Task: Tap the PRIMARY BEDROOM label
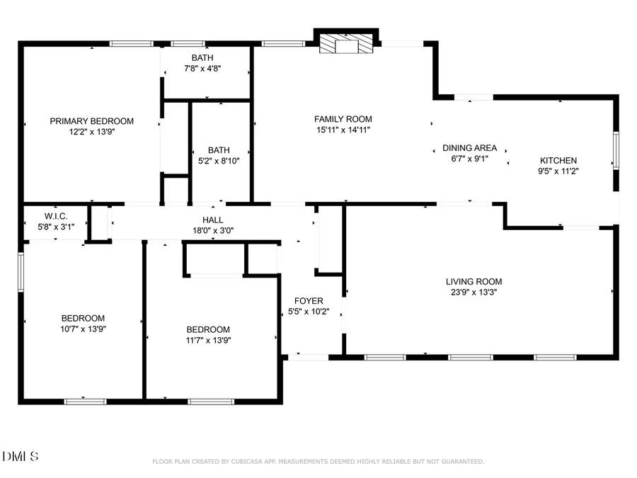91,121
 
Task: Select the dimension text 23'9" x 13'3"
474,292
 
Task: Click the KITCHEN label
558,161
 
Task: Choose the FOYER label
309,301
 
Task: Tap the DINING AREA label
470,148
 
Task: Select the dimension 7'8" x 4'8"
202,68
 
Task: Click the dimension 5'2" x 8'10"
219,161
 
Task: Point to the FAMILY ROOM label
343,119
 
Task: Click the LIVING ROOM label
474,282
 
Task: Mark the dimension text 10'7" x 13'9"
83,328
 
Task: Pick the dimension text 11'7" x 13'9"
208,339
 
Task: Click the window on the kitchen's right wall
616,151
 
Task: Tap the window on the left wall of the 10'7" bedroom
21,272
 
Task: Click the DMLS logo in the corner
21,456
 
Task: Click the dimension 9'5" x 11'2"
558,170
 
